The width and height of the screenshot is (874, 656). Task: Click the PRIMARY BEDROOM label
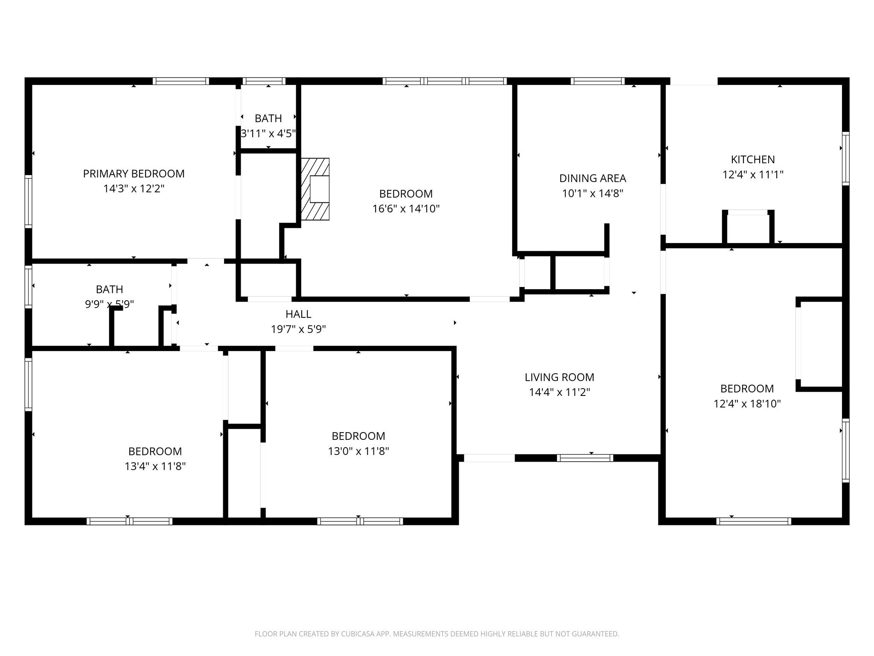click(134, 174)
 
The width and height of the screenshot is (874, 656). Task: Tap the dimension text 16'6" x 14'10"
click(406, 209)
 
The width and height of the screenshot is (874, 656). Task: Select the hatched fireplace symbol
click(315, 189)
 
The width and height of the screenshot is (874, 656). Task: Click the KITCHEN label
click(753, 160)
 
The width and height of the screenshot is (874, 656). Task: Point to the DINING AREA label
click(592, 179)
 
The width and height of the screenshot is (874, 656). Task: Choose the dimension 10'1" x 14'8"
click(592, 193)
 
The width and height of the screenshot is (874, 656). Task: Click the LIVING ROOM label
click(559, 378)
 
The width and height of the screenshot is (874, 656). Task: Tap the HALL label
click(298, 314)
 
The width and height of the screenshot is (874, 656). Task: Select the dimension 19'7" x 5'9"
click(298, 329)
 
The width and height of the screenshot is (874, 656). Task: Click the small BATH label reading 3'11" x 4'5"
click(268, 118)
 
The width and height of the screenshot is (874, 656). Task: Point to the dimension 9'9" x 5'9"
click(109, 305)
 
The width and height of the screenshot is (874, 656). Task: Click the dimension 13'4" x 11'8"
click(155, 466)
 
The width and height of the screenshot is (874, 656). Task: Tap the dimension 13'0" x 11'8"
click(358, 451)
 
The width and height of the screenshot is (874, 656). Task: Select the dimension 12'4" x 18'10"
click(747, 404)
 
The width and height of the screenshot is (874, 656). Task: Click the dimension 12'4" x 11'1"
click(753, 175)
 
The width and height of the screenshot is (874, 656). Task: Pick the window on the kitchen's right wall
click(845, 158)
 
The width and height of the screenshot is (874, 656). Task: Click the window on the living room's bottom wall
click(585, 458)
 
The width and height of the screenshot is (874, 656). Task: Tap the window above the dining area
click(597, 81)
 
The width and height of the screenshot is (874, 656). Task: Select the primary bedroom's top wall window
click(181, 81)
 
